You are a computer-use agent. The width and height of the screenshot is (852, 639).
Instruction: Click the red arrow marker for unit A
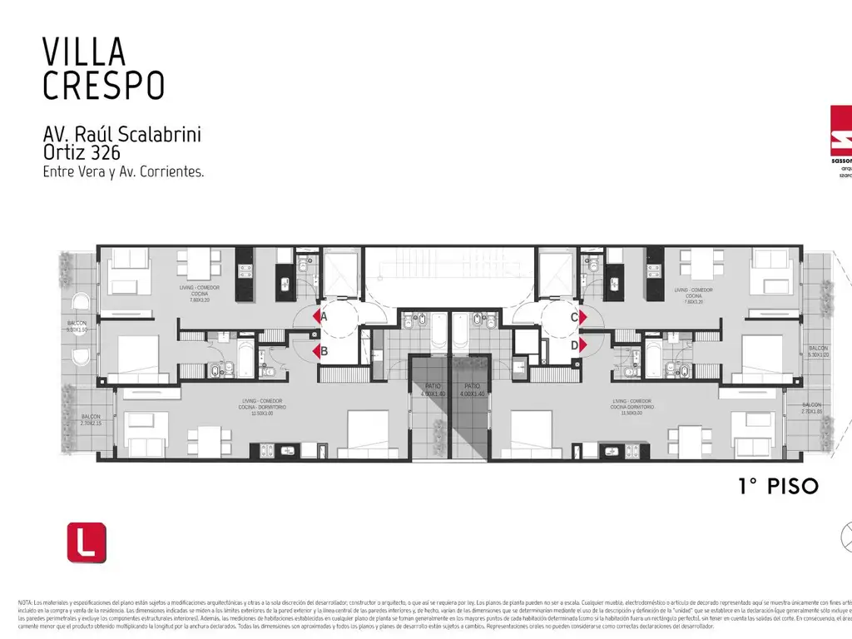[x=317, y=316]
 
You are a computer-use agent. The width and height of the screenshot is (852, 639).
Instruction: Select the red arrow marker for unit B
[x=317, y=350]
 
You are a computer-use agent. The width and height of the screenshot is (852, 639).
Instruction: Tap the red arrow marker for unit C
[x=584, y=316]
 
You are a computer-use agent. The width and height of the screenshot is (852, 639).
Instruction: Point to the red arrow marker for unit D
[x=584, y=344]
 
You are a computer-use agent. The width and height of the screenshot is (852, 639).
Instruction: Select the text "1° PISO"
[x=779, y=486]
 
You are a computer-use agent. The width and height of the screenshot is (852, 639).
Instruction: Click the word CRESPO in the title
[x=103, y=85]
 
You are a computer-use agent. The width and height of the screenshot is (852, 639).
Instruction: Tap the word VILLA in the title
[x=84, y=52]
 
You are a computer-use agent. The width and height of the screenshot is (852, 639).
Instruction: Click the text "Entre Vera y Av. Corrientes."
[x=123, y=172]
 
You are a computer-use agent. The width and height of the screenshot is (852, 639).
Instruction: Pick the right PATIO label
[x=472, y=389]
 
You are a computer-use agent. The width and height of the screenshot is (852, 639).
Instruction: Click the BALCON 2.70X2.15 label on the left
[x=91, y=419]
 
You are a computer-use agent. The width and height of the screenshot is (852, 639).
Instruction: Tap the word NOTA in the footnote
[x=24, y=602]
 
